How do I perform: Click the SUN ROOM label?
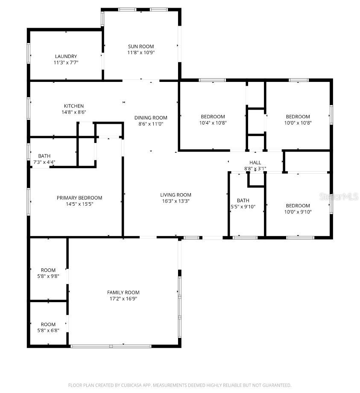[140, 47]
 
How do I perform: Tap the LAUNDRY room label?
[66, 56]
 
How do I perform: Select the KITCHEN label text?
[74, 106]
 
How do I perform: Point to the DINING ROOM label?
[151, 118]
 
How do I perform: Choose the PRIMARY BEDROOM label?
[79, 198]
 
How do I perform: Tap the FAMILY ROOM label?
[123, 292]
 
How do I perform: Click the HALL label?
[255, 163]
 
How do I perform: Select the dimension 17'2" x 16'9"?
[123, 299]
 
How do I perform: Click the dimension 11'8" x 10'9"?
[140, 52]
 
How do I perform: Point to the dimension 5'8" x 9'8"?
[48, 276]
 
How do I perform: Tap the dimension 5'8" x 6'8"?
[48, 330]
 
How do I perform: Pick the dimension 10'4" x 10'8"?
[213, 122]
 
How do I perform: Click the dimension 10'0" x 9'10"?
[298, 212]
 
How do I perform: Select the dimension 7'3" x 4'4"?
[44, 162]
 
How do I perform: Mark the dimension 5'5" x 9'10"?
[243, 207]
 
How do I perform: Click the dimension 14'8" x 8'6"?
[74, 112]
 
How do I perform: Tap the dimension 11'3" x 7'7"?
[66, 62]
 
